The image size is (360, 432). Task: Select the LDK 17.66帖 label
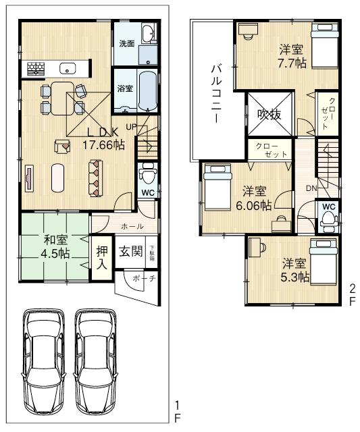pyautogui.click(x=103, y=138)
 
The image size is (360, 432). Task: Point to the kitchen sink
pyautogui.click(x=68, y=67)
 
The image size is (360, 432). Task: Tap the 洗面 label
pyautogui.click(x=126, y=44)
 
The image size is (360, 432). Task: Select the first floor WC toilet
pyautogui.click(x=147, y=175)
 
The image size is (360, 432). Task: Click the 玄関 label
pyautogui.click(x=130, y=252)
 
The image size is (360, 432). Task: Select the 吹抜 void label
pyautogui.click(x=269, y=115)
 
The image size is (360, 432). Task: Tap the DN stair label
pyautogui.click(x=311, y=188)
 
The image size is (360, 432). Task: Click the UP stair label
pyautogui.click(x=132, y=126)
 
